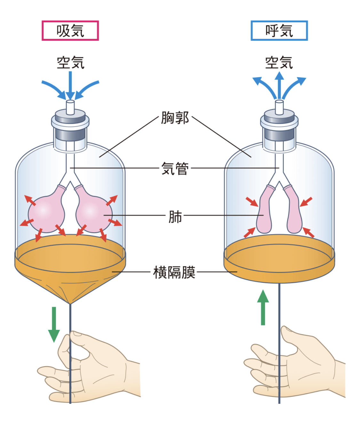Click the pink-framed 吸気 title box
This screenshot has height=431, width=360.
(x=70, y=31)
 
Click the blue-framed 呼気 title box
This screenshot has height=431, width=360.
(x=279, y=31)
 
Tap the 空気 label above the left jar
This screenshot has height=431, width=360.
(x=70, y=62)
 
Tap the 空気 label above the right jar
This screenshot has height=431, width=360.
(x=279, y=62)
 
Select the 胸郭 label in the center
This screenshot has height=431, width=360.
(x=175, y=118)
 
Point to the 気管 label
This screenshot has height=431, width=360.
(x=175, y=168)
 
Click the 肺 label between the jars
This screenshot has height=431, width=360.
(x=175, y=217)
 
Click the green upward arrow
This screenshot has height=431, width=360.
(x=263, y=307)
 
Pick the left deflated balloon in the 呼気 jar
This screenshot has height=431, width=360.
(x=265, y=213)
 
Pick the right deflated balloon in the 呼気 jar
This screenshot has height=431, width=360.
(x=293, y=213)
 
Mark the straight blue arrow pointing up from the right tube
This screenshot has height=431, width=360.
(x=279, y=85)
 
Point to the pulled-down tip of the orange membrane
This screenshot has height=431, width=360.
(x=70, y=301)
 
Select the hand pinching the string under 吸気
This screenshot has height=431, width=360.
(x=93, y=368)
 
